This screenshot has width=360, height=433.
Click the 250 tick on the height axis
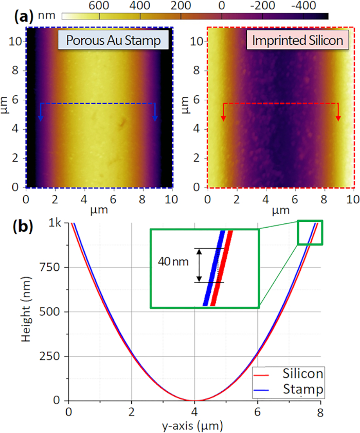click(51, 356)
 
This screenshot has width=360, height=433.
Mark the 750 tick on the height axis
click(51, 268)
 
